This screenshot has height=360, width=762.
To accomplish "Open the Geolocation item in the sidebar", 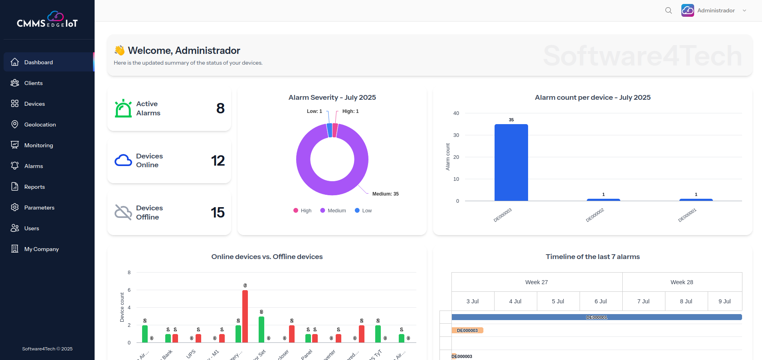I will point(40,125).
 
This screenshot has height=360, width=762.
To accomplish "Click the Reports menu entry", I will point(34,187).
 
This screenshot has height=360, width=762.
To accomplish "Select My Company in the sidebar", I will point(41,249).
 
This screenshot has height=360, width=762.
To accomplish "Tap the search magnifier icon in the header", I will point(669,10).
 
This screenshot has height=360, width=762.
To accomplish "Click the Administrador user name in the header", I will point(716,10).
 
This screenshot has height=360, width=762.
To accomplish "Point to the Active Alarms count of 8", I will point(220,108).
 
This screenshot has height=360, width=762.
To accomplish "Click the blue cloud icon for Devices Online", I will point(123,160).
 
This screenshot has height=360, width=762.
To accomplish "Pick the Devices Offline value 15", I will point(218,212).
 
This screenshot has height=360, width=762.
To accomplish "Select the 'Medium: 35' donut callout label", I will point(385,194).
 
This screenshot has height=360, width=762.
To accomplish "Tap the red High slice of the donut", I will point(335,130).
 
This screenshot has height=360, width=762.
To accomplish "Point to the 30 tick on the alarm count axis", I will point(456,135).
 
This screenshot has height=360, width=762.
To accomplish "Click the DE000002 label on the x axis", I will point(595,215).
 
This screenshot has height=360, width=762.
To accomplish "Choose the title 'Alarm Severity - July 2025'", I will point(332,97).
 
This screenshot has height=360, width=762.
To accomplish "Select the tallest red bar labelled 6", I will point(245,316).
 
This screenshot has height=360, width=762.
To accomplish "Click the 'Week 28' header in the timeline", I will point(682,282).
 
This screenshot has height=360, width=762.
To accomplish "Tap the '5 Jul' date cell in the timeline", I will point(558,301).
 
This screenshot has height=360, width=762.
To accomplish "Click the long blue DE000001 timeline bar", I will point(596,317).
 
